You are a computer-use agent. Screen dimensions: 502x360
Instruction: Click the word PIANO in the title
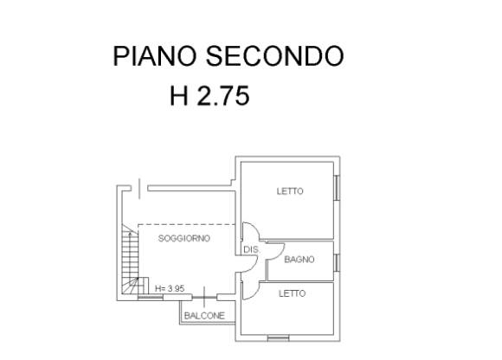[155, 56]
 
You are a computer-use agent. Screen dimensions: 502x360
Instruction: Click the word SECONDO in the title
[274, 56]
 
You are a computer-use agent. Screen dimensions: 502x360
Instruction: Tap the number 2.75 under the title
[223, 96]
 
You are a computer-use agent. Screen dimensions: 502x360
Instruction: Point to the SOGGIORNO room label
[184, 238]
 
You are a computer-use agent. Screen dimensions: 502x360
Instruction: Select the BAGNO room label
[299, 260]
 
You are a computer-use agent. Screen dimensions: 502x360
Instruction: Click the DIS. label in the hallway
[251, 249]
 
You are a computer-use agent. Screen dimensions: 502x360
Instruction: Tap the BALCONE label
[204, 316]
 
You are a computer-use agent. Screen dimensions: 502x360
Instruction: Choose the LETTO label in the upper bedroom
[290, 191]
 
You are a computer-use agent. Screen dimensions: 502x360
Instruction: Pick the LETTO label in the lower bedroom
[292, 293]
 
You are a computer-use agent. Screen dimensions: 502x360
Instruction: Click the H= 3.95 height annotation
[170, 288]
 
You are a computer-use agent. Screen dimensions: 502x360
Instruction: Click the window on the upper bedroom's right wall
[337, 188]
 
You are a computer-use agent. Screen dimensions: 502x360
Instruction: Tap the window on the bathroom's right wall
[337, 262]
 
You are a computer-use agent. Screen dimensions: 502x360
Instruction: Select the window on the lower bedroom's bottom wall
[278, 337]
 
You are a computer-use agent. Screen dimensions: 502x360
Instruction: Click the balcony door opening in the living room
[204, 298]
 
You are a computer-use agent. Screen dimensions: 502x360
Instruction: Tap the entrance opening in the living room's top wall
[139, 189]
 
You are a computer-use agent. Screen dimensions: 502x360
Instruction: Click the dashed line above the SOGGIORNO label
[187, 224]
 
